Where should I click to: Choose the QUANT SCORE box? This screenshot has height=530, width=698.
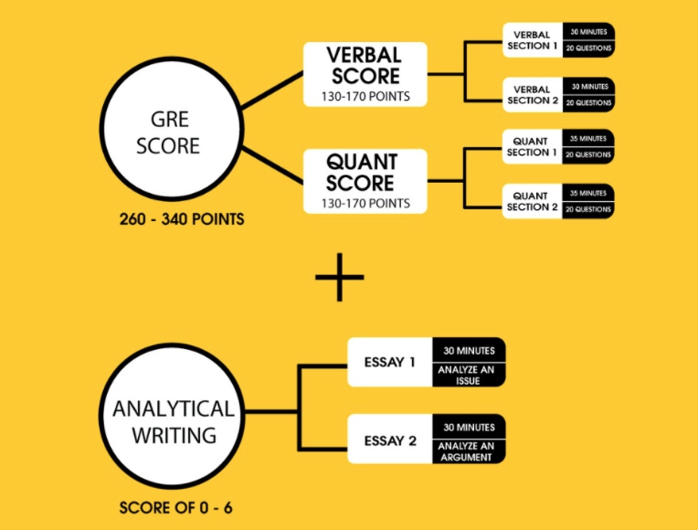pyautogui.click(x=364, y=181)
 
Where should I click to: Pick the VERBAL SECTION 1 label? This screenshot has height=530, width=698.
pyautogui.click(x=530, y=41)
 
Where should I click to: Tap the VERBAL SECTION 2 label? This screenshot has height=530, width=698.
pyautogui.click(x=530, y=95)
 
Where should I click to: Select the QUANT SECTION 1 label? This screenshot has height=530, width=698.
pyautogui.click(x=530, y=147)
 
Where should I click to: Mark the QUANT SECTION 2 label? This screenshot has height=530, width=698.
pyautogui.click(x=530, y=201)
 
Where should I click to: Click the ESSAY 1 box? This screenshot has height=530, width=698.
pyautogui.click(x=390, y=363)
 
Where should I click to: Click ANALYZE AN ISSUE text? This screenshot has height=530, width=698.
pyautogui.click(x=469, y=374)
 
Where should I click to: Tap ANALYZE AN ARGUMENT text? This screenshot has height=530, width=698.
pyautogui.click(x=469, y=451)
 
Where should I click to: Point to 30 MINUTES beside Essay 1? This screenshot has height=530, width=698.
pyautogui.click(x=469, y=351)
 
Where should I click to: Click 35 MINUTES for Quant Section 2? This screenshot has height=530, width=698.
pyautogui.click(x=587, y=194)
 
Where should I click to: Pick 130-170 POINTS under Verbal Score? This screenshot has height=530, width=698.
pyautogui.click(x=364, y=95)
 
